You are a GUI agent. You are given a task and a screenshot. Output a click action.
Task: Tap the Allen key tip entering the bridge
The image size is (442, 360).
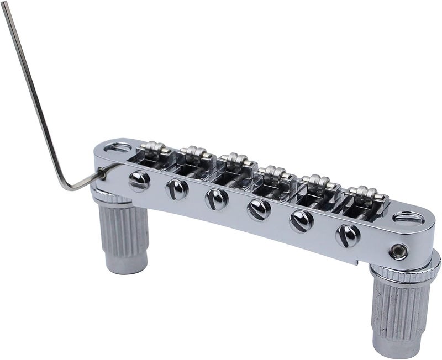tap(103, 174)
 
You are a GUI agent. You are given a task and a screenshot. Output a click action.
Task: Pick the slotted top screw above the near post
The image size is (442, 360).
tap(409, 218)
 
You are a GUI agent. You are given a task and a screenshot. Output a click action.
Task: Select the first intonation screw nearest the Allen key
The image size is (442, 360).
tap(139, 180)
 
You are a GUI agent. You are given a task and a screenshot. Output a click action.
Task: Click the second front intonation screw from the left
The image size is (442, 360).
tap(177, 189)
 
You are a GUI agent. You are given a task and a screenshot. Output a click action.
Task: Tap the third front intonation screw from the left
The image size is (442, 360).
tap(217, 199)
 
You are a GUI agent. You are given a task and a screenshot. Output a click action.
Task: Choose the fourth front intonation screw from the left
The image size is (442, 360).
tap(259, 209)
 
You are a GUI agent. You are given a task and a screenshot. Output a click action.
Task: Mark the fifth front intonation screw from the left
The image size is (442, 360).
tap(301, 220)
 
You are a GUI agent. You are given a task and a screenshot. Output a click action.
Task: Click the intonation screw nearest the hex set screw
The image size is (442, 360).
tap(348, 234)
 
